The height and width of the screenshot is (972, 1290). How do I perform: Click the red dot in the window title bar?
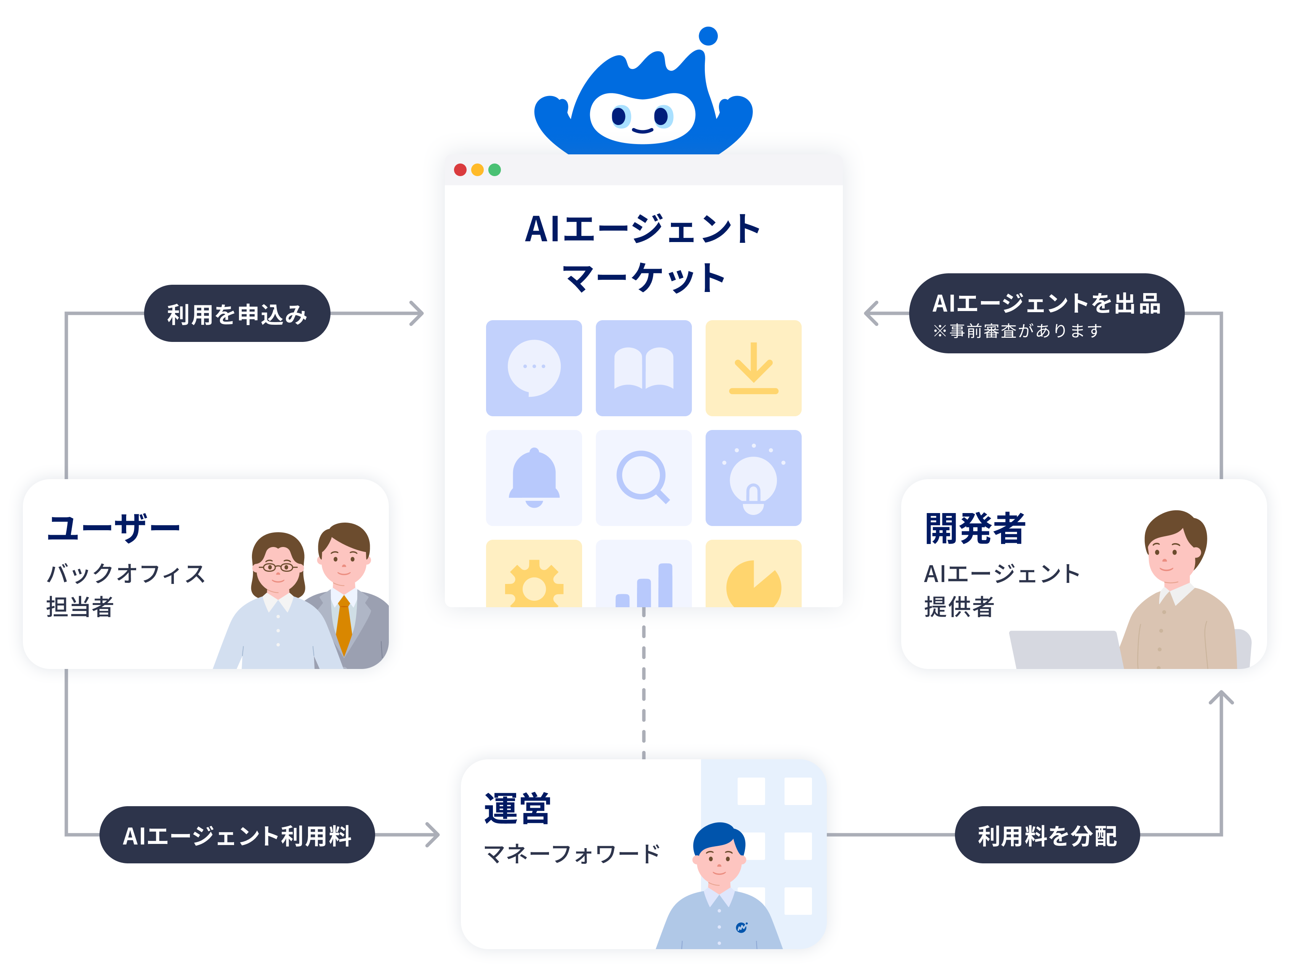point(460,170)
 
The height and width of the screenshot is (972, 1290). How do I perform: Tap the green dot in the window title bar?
point(494,170)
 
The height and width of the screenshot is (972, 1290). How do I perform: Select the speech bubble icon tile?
point(534,368)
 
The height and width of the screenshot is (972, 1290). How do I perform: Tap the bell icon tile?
point(534,478)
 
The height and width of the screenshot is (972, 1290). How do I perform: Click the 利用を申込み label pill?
point(237,314)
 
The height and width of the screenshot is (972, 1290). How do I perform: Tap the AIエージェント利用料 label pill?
point(237,835)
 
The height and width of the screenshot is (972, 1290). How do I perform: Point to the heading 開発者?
point(975,528)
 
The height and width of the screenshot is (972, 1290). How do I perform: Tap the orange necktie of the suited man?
point(344,624)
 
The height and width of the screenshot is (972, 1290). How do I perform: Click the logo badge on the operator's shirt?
point(741,927)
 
